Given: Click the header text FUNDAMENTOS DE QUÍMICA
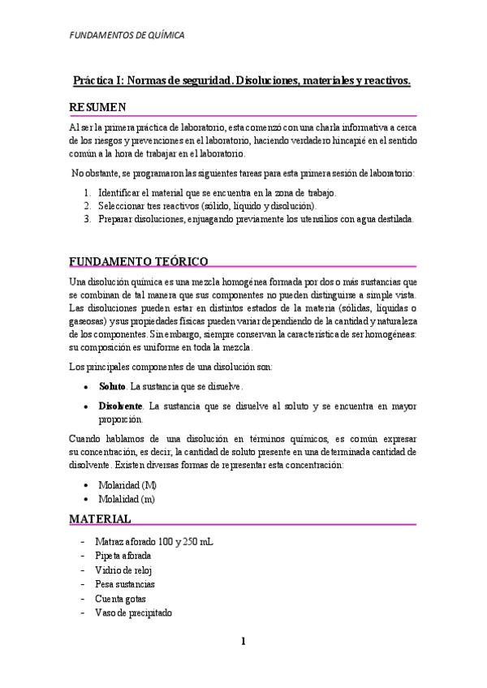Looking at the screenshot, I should coord(126,36).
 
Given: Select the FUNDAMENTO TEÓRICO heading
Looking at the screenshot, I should coord(138,261).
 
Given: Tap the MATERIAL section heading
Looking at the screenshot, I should coord(100,518).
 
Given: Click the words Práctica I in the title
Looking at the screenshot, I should coord(99,81).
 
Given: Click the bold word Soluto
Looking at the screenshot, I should coord(112,385).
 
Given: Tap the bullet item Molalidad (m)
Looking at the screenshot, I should coord(127,499).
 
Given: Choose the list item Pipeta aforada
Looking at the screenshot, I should coord(123,556).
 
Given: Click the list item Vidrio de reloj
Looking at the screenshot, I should coord(123,570).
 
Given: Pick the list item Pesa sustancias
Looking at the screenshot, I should coord(124,584).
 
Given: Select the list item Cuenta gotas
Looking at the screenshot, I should coord(119,599).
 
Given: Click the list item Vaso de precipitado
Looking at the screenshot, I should coord(133,613).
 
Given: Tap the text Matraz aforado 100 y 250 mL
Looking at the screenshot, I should coord(154,541).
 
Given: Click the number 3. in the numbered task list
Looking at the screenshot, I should coord(88,219).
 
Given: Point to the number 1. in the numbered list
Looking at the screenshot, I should coord(88,193).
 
